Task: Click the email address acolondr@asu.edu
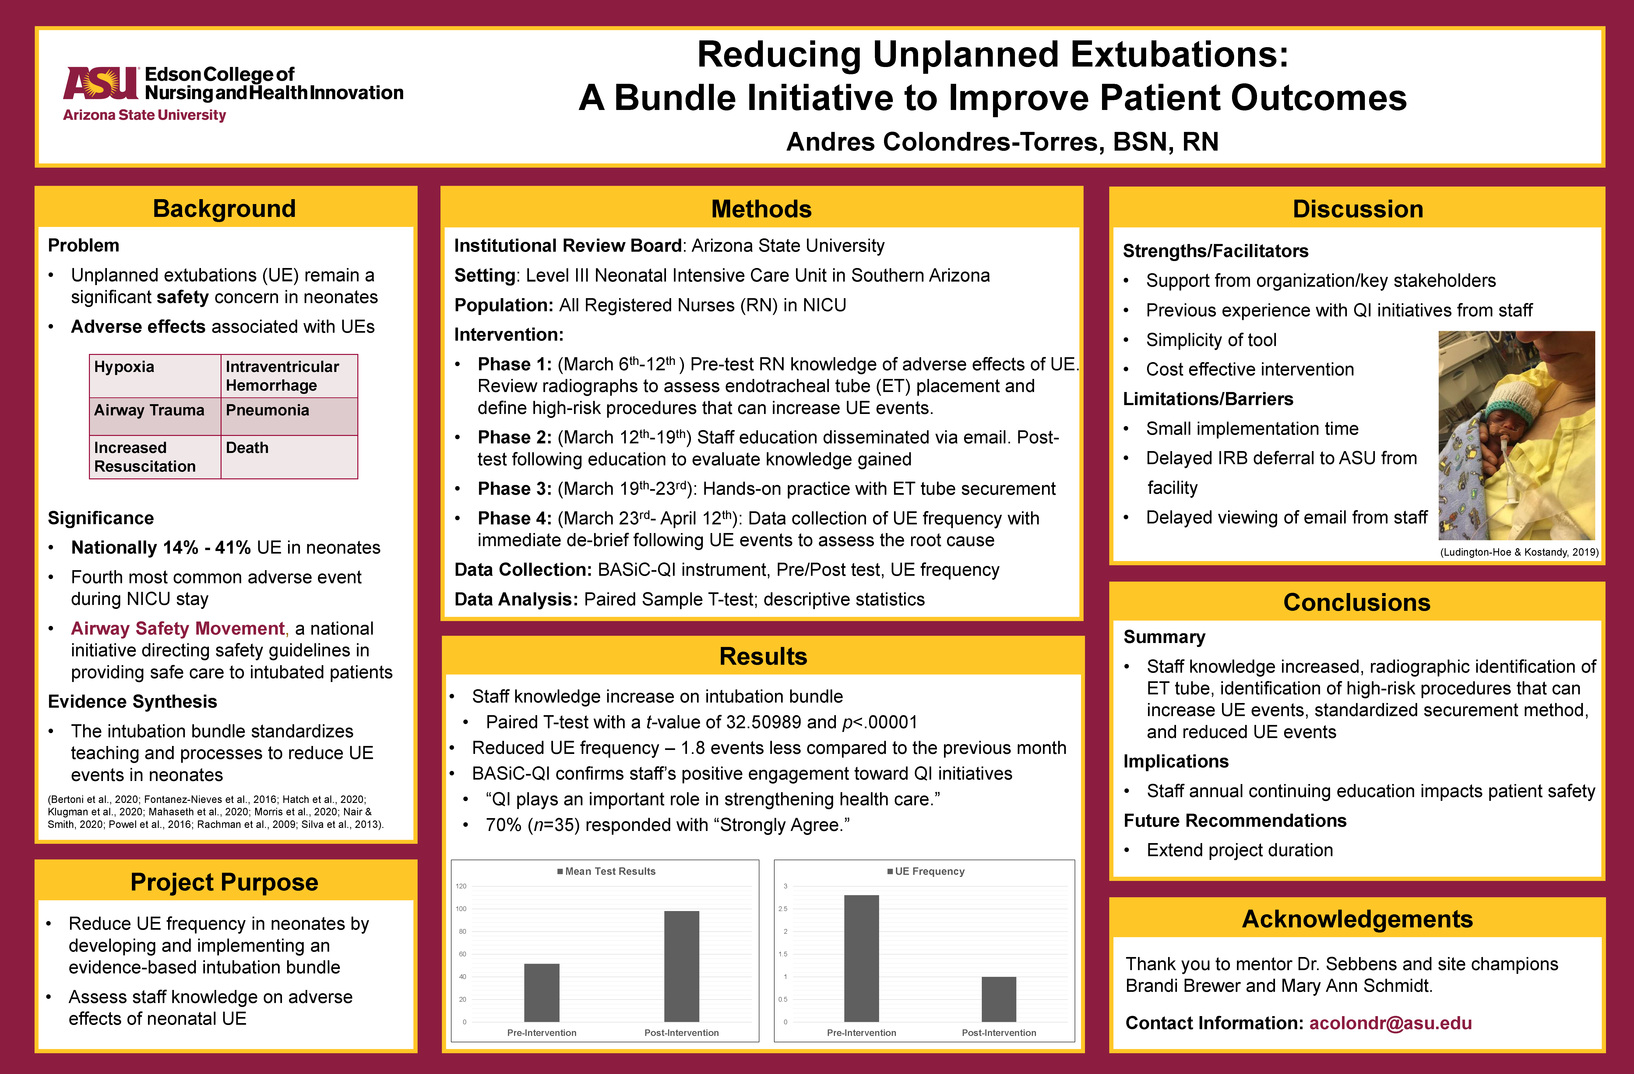(1390, 1023)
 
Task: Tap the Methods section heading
(761, 209)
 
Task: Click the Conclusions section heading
(1357, 602)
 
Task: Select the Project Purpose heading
(225, 882)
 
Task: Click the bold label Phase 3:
(514, 489)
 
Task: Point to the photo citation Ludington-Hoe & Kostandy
(1519, 552)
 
